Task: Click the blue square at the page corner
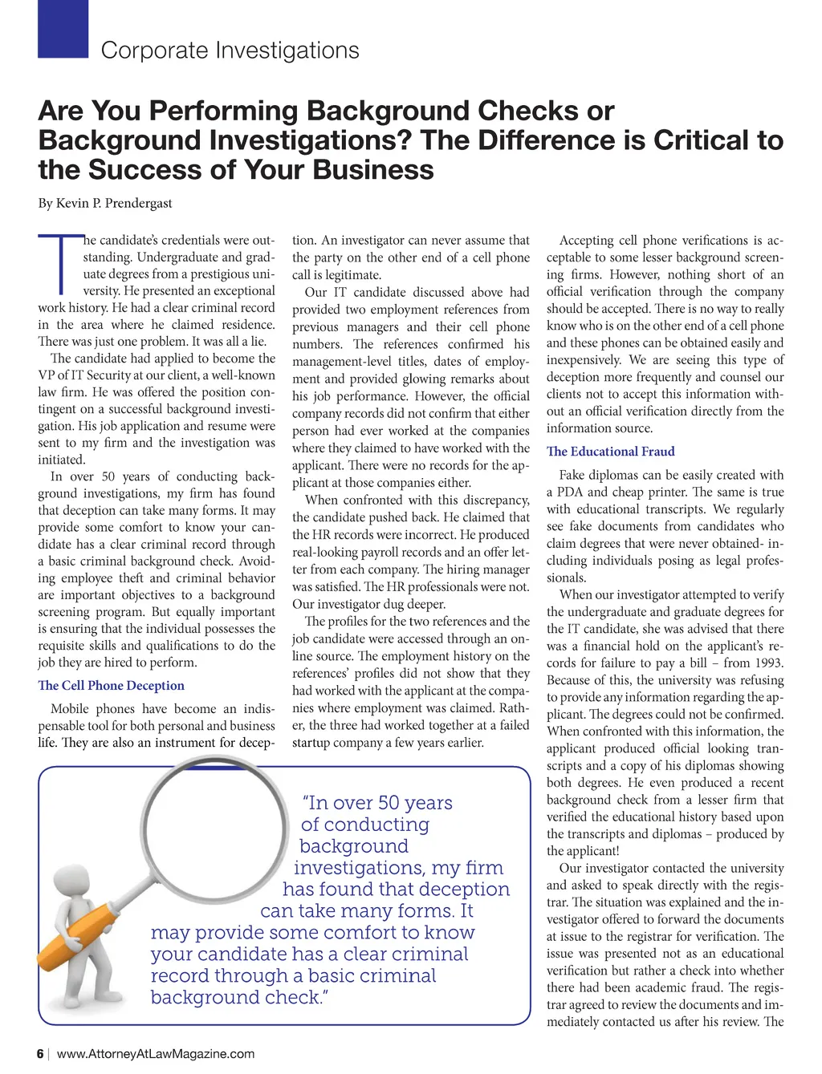63,28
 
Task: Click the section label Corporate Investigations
230,51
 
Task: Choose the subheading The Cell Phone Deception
111,686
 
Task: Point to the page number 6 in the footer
40,1054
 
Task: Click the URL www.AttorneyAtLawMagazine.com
156,1054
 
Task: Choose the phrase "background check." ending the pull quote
240,998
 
